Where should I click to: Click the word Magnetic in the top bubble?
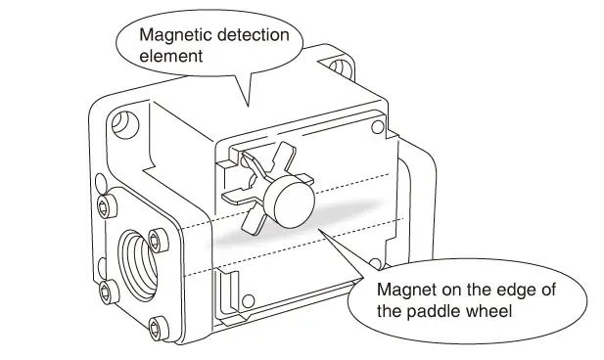coord(175,34)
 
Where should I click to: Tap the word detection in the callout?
coord(254,34)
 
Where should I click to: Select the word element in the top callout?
coord(171,56)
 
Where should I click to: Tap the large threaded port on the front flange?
coord(138,266)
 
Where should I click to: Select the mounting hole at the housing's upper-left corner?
coord(125,124)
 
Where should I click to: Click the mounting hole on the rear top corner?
coord(338,67)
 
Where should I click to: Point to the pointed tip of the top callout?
coord(248,107)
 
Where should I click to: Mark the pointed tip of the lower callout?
coord(318,229)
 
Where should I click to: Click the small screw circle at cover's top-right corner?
coord(378,127)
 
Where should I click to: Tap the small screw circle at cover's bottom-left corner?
coord(249,301)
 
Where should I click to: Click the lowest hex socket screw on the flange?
coord(158,329)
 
